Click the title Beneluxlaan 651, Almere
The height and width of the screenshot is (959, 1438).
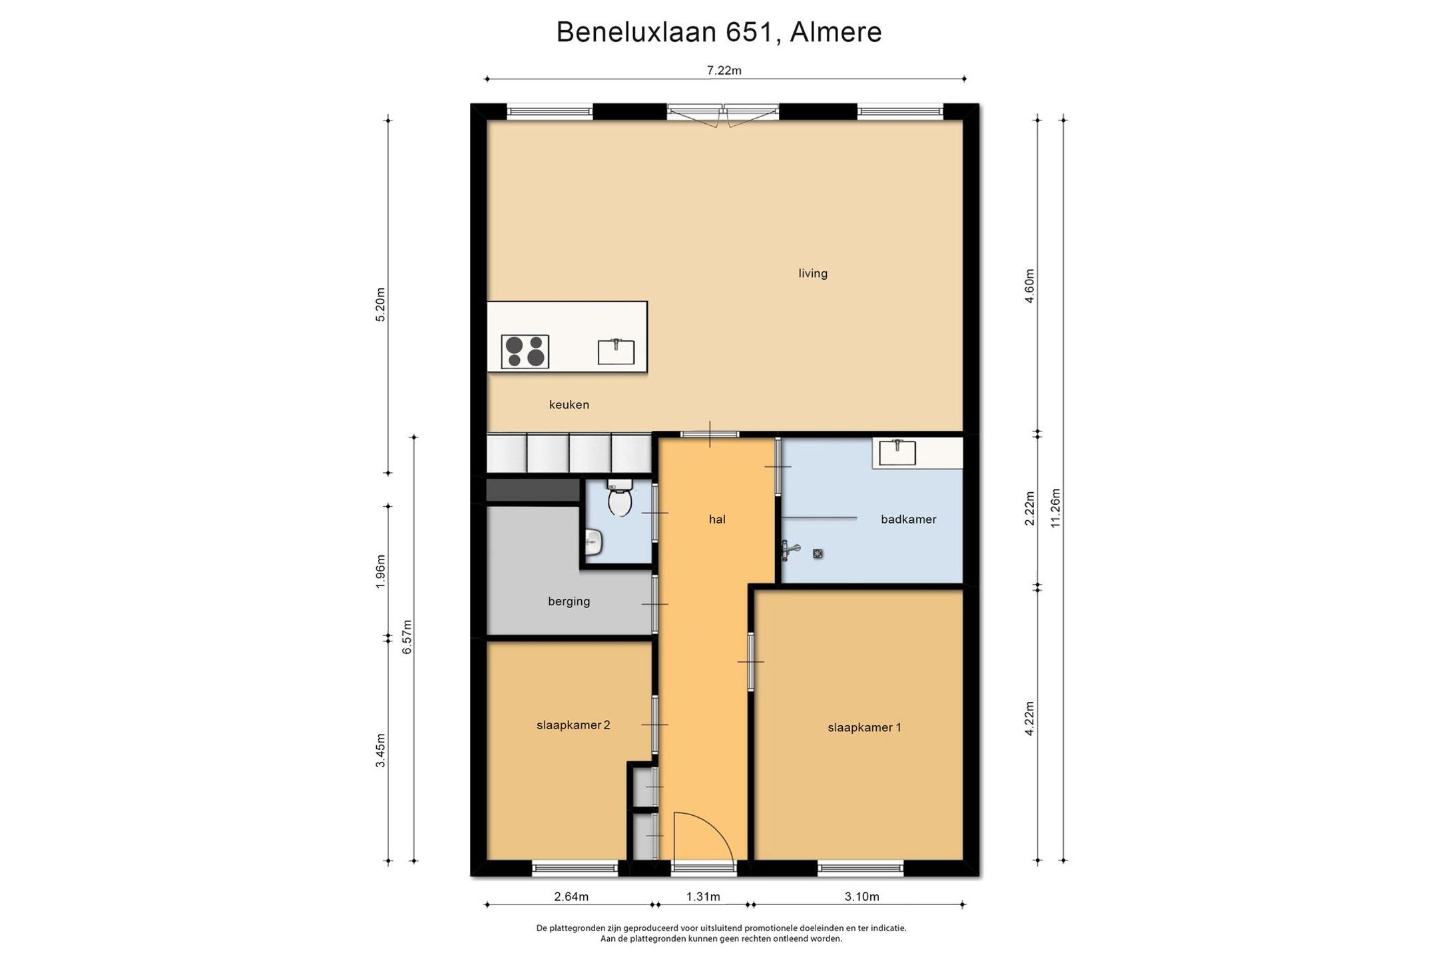pos(719,32)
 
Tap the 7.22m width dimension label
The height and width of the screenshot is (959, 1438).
pos(724,71)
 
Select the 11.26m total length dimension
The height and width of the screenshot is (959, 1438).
pos(1055,508)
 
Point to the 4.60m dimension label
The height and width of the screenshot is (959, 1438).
pos(1029,286)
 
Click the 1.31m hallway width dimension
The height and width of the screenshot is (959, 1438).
pos(703,896)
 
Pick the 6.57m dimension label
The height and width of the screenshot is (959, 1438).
pos(407,637)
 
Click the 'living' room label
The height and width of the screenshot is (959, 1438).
pos(813,273)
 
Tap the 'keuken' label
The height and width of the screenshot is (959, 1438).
pos(569,404)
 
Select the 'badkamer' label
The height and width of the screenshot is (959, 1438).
pos(909,519)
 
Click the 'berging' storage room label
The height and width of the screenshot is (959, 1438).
pos(569,601)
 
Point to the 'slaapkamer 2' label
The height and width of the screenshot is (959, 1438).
pos(573,725)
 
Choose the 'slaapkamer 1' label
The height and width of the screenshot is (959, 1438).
pos(864,728)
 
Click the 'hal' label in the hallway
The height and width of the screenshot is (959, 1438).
pos(717,519)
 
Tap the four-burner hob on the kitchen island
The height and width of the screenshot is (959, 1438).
pos(525,352)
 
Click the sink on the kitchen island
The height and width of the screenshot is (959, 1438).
pos(616,351)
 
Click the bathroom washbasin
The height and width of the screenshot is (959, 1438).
pos(897,452)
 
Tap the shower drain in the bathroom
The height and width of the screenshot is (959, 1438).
pos(818,553)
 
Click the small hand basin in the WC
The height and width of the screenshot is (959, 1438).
pos(594,543)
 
